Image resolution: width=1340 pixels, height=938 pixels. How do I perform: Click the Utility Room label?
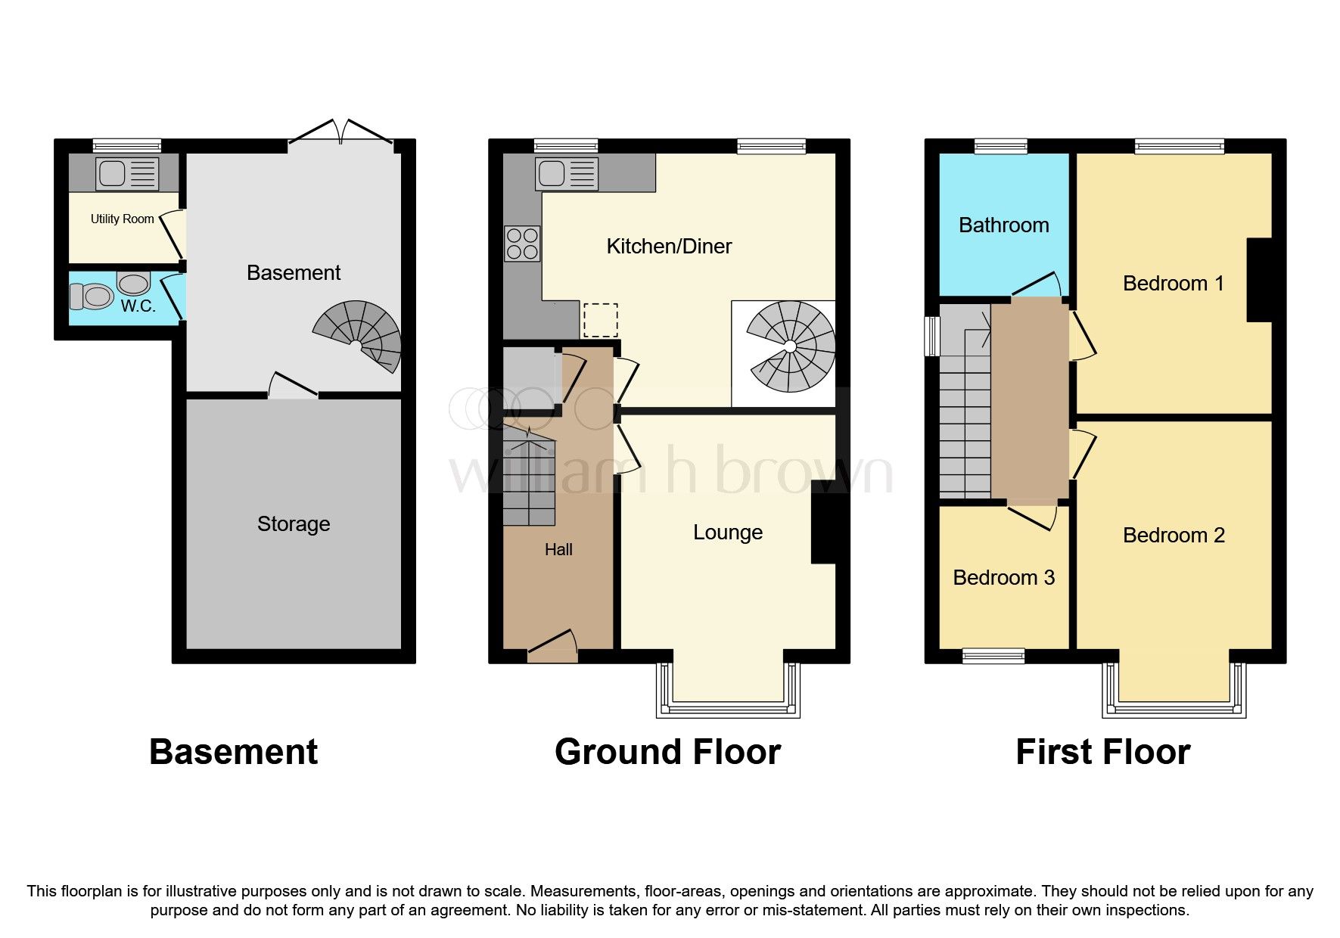point(122,219)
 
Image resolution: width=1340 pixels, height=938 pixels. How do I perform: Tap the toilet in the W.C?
point(92,296)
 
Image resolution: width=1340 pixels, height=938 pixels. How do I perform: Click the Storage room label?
point(294,523)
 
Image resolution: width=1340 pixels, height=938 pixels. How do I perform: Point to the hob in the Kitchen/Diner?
point(522,244)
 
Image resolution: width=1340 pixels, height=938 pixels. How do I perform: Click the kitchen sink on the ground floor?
point(567,173)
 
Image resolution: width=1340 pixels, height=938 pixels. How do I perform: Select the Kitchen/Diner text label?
point(669,246)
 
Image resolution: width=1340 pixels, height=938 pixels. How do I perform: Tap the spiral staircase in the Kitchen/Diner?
point(791,346)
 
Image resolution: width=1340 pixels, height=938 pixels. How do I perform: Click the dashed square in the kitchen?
point(600,320)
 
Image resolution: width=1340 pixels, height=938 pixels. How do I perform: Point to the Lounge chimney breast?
point(825,522)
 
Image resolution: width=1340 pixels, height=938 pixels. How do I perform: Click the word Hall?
point(558,550)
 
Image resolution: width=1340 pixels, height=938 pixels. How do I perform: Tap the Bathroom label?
point(1003,225)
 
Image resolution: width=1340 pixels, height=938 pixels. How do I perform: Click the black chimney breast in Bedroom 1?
point(1259,280)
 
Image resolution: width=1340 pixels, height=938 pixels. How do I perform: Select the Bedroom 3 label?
point(1003,578)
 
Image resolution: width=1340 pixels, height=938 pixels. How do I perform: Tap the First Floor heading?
point(1102,752)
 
